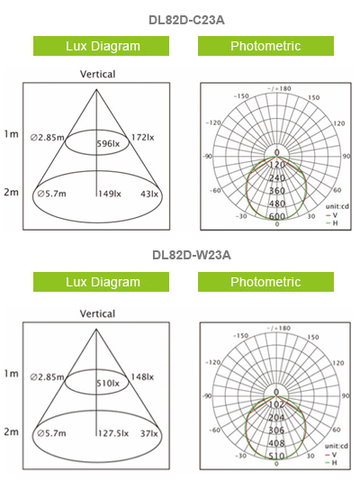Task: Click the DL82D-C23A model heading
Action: click(x=186, y=21)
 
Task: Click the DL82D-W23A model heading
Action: click(x=192, y=255)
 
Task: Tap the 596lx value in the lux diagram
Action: click(x=108, y=144)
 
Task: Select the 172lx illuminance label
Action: click(x=142, y=138)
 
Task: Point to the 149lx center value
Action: click(x=110, y=194)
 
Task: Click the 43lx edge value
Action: click(x=149, y=194)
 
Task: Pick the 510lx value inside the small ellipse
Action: click(x=108, y=384)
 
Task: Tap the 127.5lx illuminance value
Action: click(x=113, y=433)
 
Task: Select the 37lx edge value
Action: click(x=149, y=433)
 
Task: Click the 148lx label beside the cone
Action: click(x=142, y=377)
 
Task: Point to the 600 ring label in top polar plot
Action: click(x=277, y=216)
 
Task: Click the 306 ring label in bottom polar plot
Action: click(x=276, y=430)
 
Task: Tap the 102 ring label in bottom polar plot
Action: click(x=276, y=404)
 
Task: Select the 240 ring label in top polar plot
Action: click(x=277, y=177)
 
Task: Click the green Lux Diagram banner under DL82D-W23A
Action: click(x=102, y=282)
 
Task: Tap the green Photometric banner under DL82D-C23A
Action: click(x=265, y=46)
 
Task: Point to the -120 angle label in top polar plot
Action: click(x=213, y=122)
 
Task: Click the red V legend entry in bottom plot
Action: click(x=330, y=455)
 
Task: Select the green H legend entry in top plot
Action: click(x=331, y=223)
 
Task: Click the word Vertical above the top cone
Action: click(x=97, y=74)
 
